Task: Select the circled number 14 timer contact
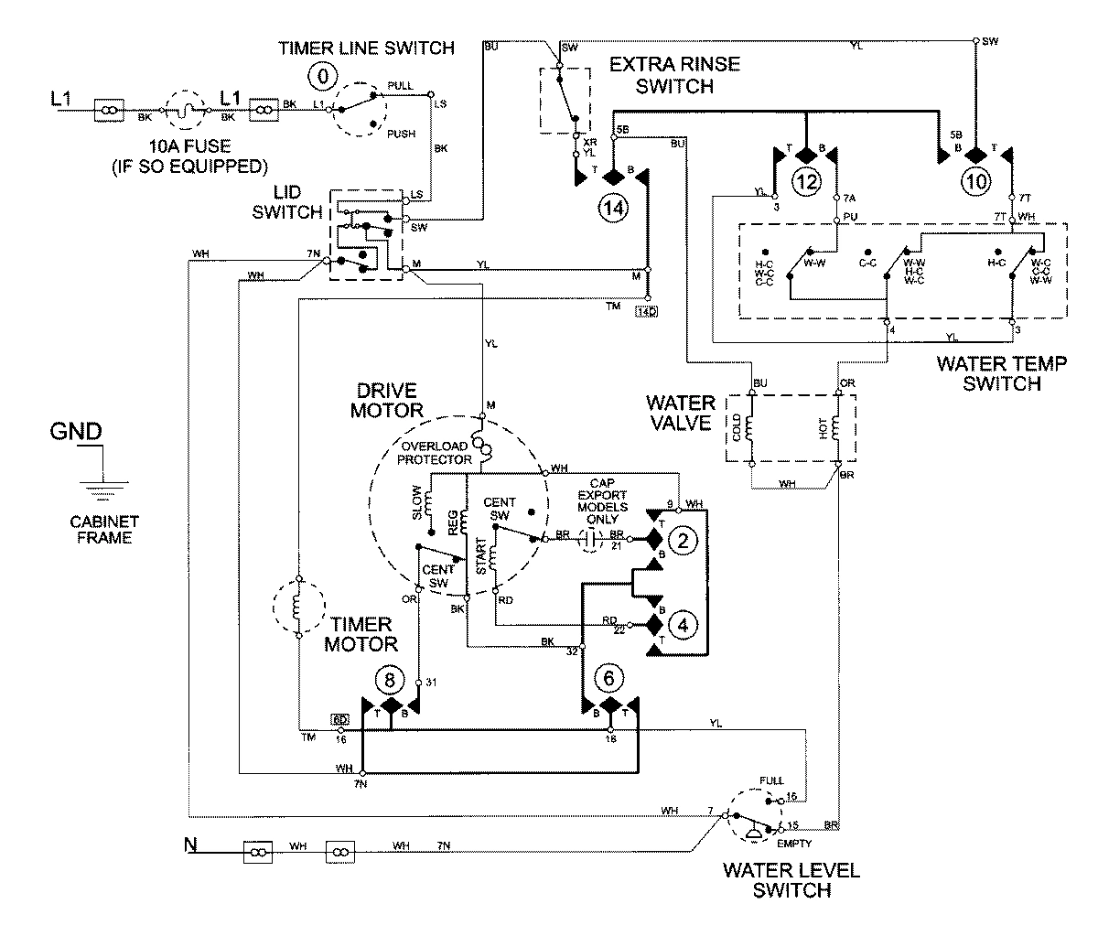tap(615, 208)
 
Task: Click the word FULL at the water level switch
tap(771, 780)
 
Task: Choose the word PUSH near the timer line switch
tap(401, 134)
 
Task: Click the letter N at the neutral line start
tap(191, 844)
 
